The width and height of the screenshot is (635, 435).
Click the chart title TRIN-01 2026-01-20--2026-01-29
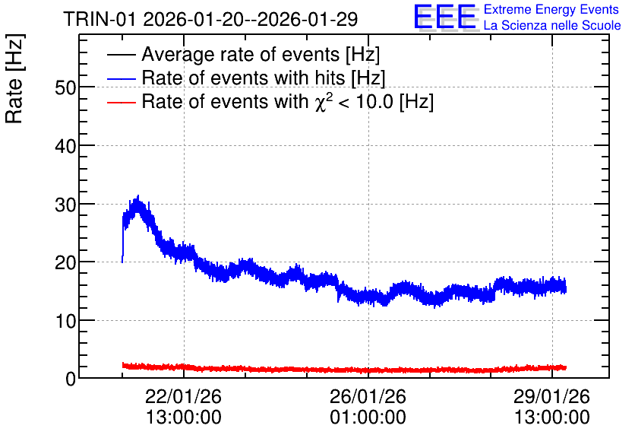coord(210,19)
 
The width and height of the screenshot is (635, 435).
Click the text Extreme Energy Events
coord(551,9)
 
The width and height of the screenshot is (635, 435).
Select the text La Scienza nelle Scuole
coord(552,26)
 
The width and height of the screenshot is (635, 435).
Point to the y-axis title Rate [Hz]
coord(14,78)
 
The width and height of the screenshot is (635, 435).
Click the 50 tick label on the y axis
coord(65,87)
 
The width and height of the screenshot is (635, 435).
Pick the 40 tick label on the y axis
coord(65,146)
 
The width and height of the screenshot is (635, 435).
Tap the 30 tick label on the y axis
coord(65,205)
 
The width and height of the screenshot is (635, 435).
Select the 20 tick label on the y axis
coord(65,262)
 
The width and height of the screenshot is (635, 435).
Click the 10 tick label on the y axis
coord(65,322)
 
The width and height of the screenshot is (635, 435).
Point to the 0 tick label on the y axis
coord(71,379)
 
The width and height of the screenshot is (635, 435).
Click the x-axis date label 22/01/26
coord(184,396)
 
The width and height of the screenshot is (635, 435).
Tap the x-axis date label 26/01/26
coord(368,396)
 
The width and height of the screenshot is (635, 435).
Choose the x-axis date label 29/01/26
coord(552,396)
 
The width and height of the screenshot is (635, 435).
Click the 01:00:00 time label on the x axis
coord(368,418)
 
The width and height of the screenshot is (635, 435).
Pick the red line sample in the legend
coord(121,103)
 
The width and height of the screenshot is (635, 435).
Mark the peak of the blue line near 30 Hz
coord(138,195)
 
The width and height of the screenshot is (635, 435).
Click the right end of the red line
coord(566,368)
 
